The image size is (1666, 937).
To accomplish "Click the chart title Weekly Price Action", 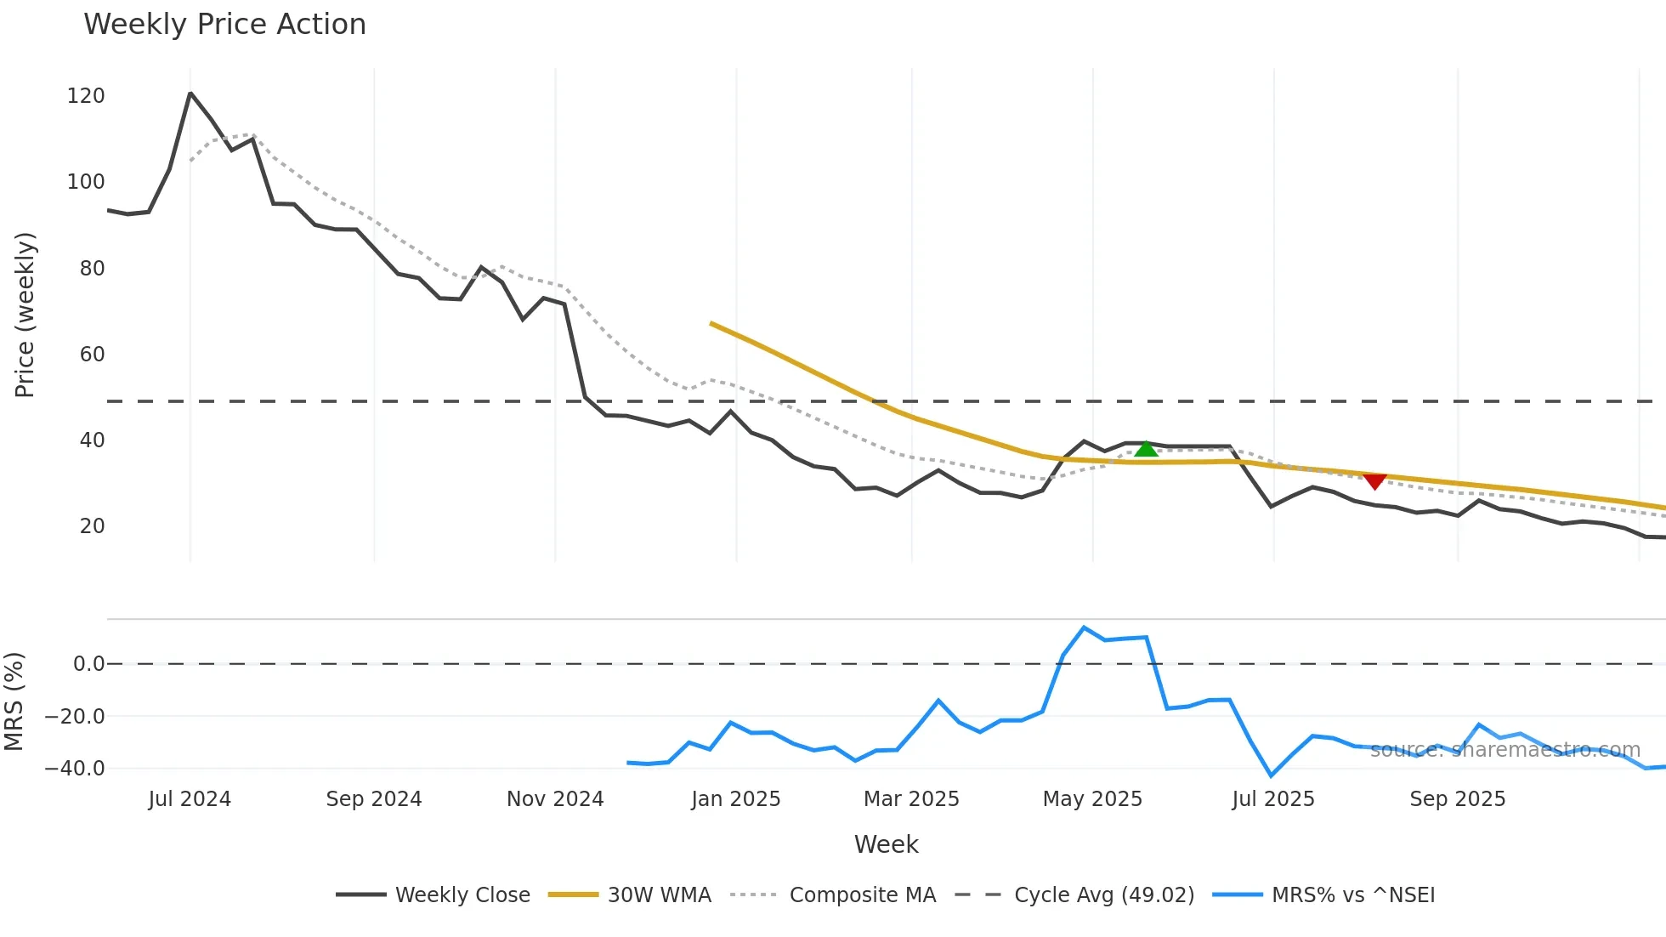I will click(224, 25).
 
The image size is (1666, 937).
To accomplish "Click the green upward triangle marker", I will click(1146, 449).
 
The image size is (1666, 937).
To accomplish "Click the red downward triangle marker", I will click(1374, 481).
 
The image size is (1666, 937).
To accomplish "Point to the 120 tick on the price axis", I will click(86, 96).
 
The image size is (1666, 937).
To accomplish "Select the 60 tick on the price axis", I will click(92, 355).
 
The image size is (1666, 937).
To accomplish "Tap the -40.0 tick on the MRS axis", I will click(75, 769).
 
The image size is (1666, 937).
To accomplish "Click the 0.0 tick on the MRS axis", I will click(88, 664).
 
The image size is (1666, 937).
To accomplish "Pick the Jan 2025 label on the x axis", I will click(735, 799).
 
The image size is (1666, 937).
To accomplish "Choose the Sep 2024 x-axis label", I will click(373, 799).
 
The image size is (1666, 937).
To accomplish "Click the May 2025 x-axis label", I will click(1092, 799).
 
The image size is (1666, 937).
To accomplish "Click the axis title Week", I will click(886, 844).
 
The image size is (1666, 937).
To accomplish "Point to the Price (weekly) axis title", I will click(25, 315).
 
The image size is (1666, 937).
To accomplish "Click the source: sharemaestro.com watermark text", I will click(1504, 750).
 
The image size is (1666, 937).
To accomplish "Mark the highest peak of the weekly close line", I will click(190, 94).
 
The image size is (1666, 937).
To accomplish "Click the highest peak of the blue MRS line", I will click(1084, 628).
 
